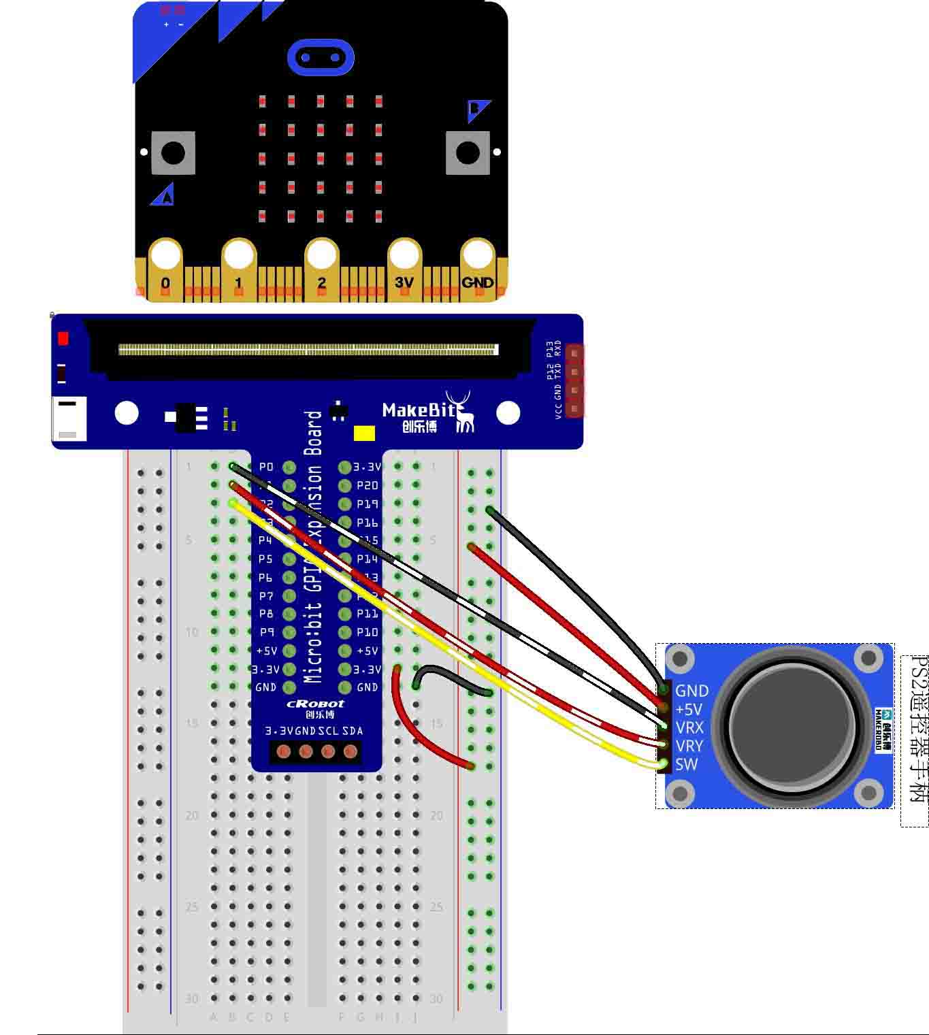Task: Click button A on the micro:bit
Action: tap(173, 152)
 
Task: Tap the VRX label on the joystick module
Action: tap(689, 727)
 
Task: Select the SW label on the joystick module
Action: tap(686, 764)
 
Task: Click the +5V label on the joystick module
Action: tap(688, 709)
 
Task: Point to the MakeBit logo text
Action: tap(419, 410)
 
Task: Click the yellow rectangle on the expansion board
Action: tap(365, 433)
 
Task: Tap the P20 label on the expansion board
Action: tap(367, 486)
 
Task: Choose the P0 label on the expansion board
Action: tap(266, 467)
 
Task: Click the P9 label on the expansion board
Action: tap(266, 632)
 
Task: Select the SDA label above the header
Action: tap(353, 731)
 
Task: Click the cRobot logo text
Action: tap(315, 704)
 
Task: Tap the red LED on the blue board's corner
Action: tap(63, 338)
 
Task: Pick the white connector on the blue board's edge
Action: tap(69, 418)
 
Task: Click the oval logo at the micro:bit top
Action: tap(321, 58)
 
